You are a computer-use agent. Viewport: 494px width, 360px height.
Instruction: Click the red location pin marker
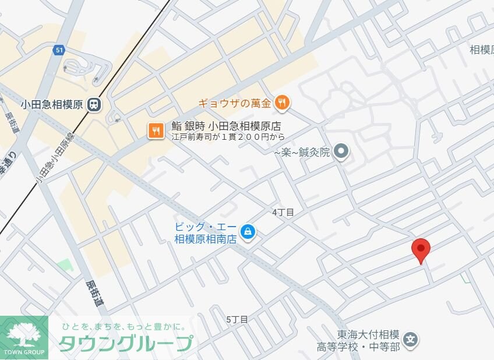(x=421, y=249)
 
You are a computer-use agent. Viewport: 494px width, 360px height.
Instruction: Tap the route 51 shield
(x=59, y=50)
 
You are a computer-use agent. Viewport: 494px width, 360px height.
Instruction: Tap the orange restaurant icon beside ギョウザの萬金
(x=283, y=104)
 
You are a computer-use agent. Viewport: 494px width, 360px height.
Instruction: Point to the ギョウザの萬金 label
(x=235, y=104)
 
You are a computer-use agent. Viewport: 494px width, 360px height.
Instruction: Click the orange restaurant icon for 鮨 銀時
(x=156, y=130)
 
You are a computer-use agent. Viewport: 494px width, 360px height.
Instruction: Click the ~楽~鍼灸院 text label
(x=302, y=153)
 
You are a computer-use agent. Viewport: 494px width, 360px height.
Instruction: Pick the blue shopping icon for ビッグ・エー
(x=248, y=232)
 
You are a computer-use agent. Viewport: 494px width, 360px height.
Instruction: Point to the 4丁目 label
(x=283, y=213)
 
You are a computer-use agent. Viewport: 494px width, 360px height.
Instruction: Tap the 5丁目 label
(x=237, y=319)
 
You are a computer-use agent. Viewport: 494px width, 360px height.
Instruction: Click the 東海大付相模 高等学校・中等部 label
(x=358, y=341)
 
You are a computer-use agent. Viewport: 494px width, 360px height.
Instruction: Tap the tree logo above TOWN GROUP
(x=24, y=334)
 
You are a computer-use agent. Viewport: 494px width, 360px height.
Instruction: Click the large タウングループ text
(x=125, y=344)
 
